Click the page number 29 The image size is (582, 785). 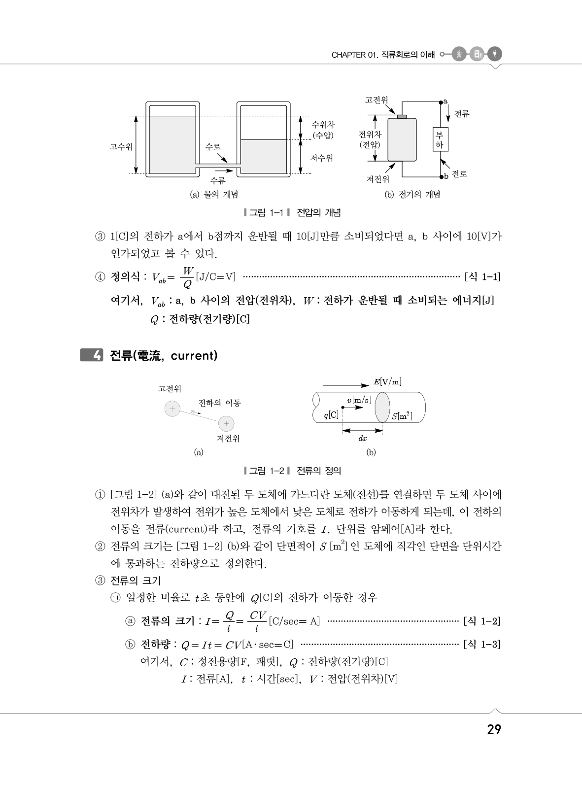click(x=494, y=730)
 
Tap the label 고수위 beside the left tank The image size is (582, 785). click(x=121, y=146)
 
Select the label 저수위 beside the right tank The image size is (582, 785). click(x=321, y=158)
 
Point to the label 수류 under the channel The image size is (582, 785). click(x=218, y=180)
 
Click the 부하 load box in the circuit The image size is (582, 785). click(x=440, y=140)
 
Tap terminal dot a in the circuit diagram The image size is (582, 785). click(x=441, y=102)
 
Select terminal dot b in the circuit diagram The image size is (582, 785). click(x=441, y=176)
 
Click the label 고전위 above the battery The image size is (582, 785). click(x=376, y=100)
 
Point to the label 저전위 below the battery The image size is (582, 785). click(x=377, y=179)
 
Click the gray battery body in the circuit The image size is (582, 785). click(x=402, y=139)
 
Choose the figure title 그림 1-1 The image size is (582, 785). click(x=266, y=213)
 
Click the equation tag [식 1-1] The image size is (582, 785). click(x=482, y=277)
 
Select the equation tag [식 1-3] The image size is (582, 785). click(x=482, y=645)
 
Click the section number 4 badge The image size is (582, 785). click(x=92, y=355)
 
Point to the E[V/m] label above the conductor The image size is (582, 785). click(x=387, y=382)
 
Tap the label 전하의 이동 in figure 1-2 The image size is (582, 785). click(x=219, y=403)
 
